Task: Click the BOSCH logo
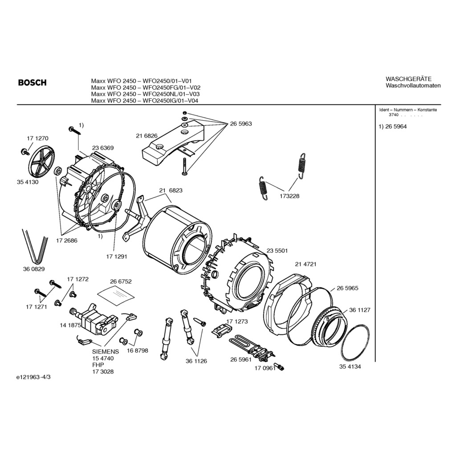[32, 83]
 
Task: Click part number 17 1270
[37, 138]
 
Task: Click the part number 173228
[289, 196]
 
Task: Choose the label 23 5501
[277, 251]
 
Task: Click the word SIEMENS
[106, 351]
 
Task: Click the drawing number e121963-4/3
[33, 377]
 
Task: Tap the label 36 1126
[196, 361]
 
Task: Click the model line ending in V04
[144, 101]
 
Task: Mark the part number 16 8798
[137, 350]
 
